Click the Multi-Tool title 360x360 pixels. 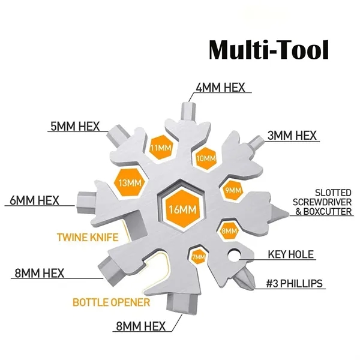coord(268,49)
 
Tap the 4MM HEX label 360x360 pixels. coord(220,87)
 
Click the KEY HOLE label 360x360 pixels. coord(290,254)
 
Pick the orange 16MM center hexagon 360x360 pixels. coord(179,210)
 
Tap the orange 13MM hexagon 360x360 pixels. coord(129,182)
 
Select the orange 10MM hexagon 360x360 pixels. coord(205,158)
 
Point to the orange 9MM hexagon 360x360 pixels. coord(232,190)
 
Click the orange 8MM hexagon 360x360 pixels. coord(229,230)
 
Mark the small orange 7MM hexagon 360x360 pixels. coord(199,257)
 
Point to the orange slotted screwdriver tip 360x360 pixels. coord(278,212)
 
